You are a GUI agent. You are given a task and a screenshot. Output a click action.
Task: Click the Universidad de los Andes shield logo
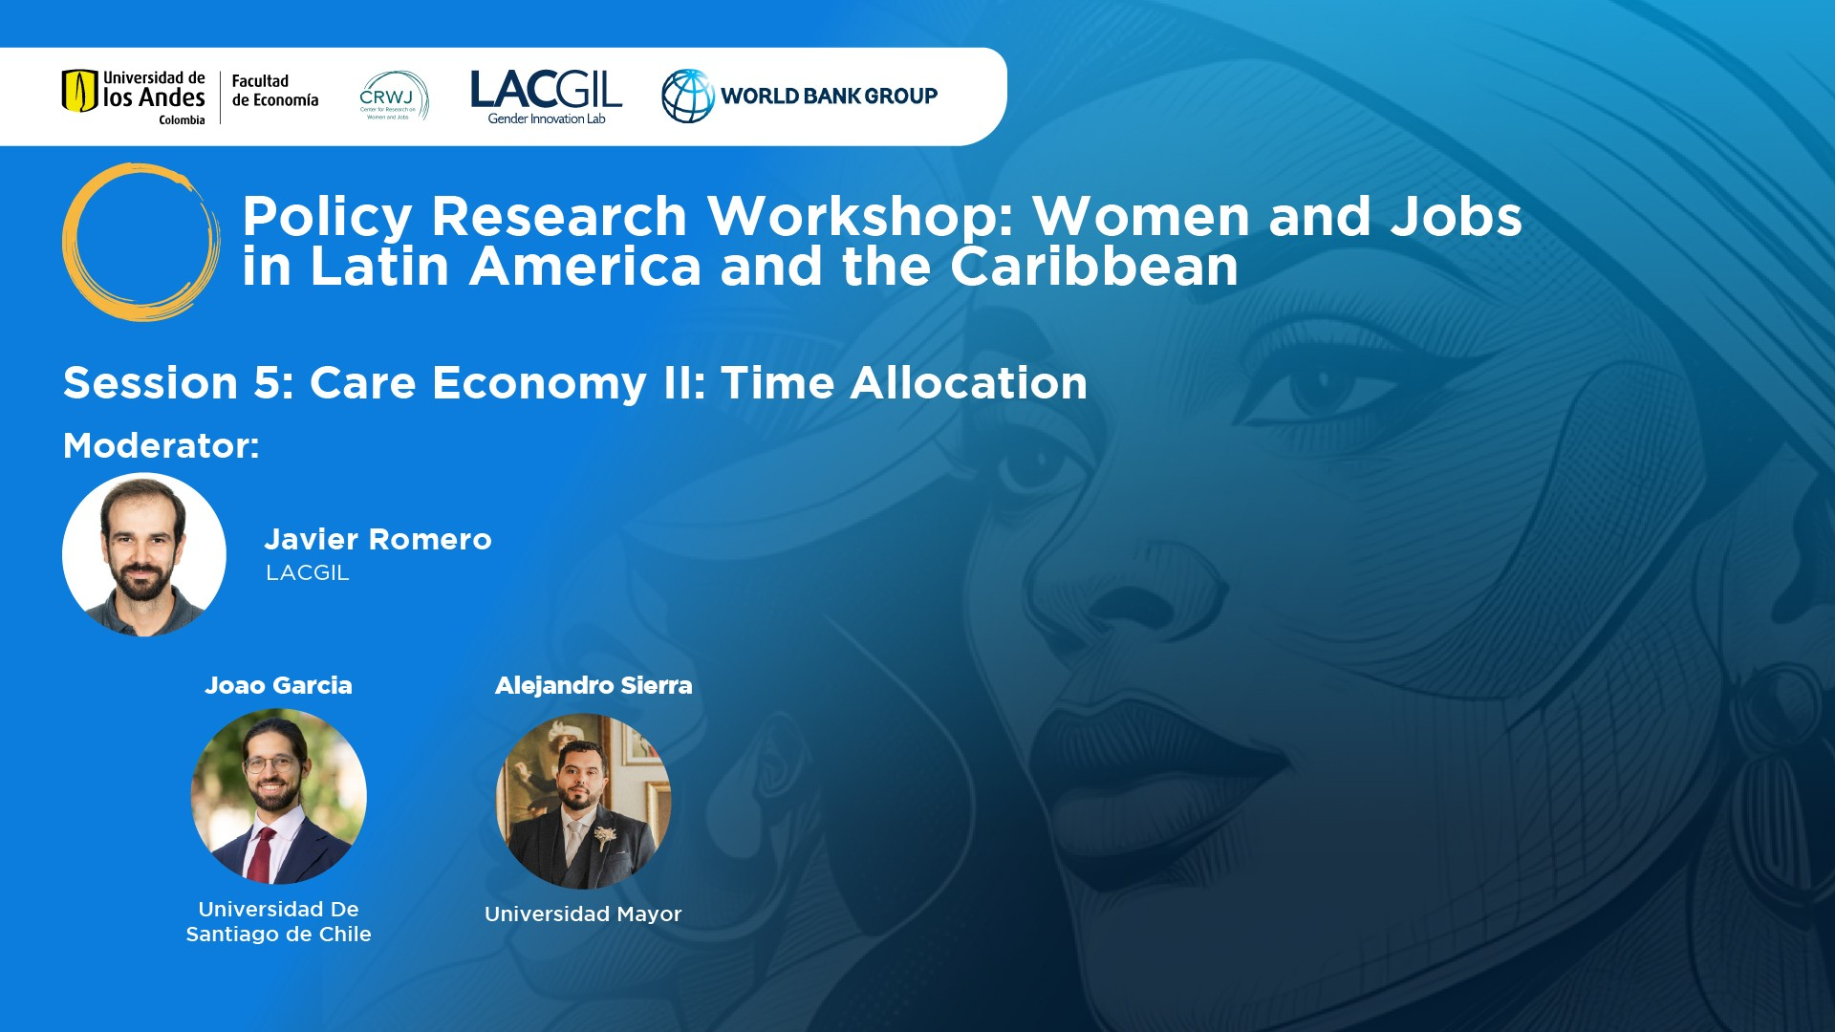pos(80,91)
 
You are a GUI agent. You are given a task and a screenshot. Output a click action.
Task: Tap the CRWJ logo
pos(394,96)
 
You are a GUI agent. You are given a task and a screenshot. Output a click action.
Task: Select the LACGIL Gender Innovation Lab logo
pos(546,97)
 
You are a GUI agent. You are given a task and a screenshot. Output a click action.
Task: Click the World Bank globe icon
pos(688,96)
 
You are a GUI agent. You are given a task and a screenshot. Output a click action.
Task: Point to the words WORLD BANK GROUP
pos(829,96)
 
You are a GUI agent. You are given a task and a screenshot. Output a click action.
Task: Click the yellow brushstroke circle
pos(140,242)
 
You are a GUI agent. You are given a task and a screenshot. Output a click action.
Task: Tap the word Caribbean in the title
pos(1094,266)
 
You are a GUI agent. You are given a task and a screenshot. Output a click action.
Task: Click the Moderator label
pos(162,445)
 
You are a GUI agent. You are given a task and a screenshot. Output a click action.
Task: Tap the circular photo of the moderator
pos(144,555)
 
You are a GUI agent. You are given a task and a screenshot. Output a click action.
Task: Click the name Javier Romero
pos(378,539)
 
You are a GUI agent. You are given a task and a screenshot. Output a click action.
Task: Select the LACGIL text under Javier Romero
pos(308,572)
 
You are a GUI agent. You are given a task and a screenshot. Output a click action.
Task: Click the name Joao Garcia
pos(278,685)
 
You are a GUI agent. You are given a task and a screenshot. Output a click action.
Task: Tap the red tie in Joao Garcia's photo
pos(260,854)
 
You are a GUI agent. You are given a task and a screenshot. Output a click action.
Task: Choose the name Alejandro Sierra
pos(594,685)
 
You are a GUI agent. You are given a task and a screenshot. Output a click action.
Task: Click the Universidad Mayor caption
pos(583,914)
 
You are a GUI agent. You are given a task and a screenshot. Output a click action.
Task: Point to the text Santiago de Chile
pos(278,934)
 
